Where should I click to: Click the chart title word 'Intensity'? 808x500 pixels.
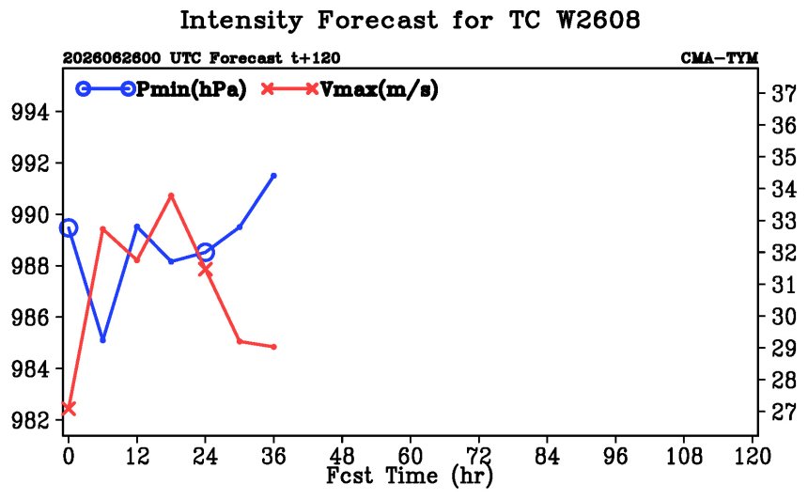point(241,22)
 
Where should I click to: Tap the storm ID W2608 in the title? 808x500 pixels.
point(598,20)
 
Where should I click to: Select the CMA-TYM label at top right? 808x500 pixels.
point(720,57)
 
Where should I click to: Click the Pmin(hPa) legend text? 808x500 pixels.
point(191,89)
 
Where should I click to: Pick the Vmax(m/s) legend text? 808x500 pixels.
point(380,89)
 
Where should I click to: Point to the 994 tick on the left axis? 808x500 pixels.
point(30,112)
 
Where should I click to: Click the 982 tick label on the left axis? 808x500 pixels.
point(30,421)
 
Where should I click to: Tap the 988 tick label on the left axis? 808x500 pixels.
point(30,266)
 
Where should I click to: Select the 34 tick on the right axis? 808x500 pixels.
point(784,189)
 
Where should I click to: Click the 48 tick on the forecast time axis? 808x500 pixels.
point(342,457)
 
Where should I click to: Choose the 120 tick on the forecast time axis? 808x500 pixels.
point(752,457)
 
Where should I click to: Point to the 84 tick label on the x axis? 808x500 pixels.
point(547,457)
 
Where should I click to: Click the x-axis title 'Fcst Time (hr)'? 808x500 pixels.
point(410,476)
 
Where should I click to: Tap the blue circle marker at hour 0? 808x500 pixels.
point(69,227)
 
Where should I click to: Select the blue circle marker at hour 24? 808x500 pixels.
point(205,252)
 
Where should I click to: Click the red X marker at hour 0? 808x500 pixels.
point(69,409)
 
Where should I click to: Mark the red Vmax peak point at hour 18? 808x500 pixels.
point(171,195)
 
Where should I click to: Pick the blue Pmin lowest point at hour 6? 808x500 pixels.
point(102,340)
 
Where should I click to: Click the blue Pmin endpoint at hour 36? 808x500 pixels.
point(273,176)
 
